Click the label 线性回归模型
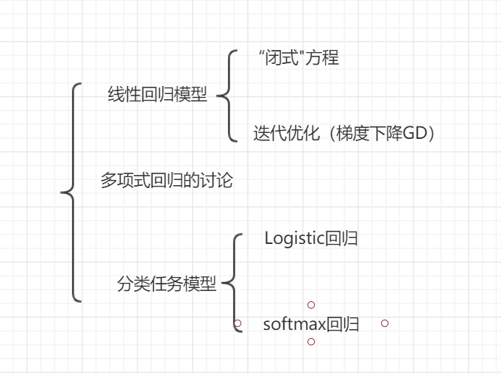157,96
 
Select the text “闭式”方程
299,59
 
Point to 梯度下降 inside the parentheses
368,134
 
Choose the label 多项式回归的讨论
166,181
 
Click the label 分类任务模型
167,285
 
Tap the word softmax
294,324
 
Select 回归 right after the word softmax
343,324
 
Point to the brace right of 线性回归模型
228,95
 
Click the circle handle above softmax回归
311,304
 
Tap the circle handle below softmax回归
311,342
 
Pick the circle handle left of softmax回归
237,323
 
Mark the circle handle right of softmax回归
385,323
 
